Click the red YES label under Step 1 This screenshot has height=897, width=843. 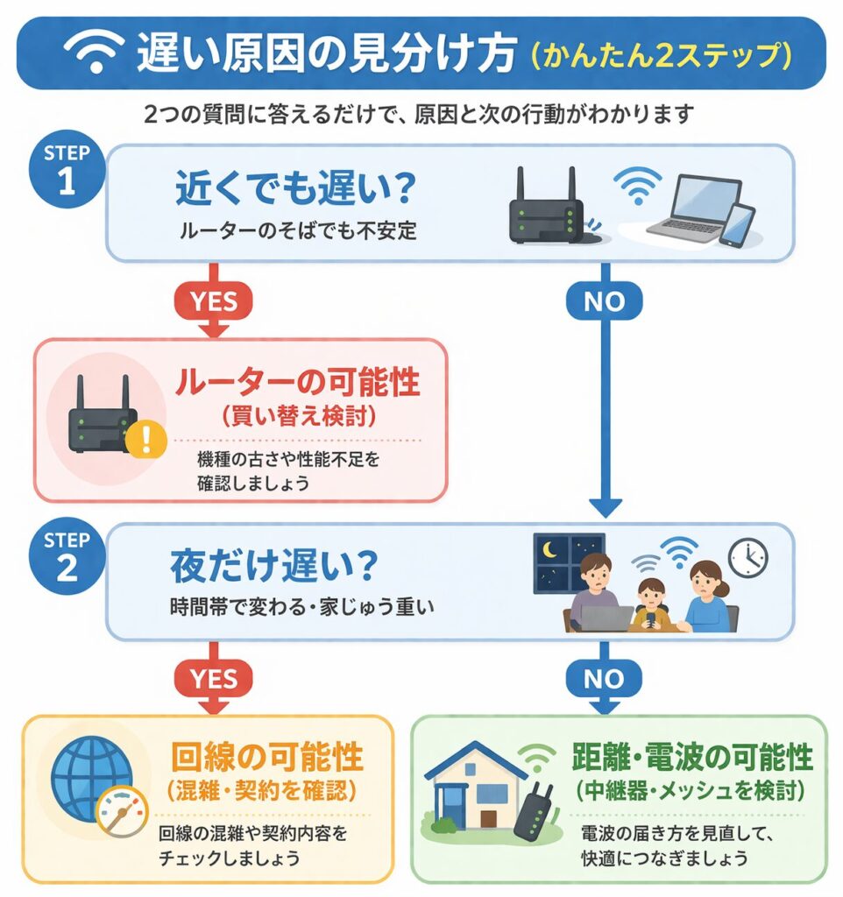point(215,300)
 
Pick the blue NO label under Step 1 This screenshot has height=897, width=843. point(605,300)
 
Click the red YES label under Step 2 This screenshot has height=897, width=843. point(215,676)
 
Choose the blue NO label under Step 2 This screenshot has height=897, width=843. point(605,676)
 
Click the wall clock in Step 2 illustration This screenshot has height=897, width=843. point(747,557)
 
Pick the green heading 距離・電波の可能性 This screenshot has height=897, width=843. point(692,757)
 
